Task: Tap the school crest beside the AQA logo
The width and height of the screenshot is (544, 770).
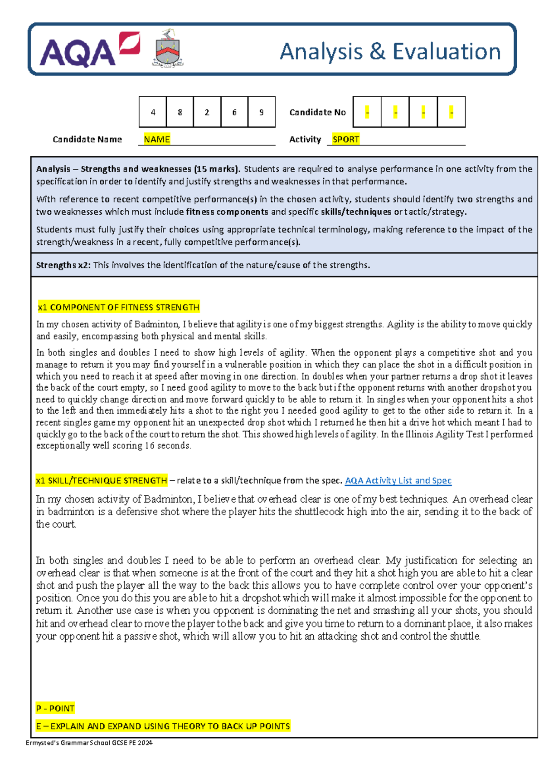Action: point(168,49)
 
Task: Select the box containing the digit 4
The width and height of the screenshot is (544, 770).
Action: point(153,112)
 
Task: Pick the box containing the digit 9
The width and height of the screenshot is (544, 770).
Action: point(262,112)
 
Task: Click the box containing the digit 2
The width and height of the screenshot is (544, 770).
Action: point(207,112)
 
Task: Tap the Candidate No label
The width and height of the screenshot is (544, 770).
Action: point(317,112)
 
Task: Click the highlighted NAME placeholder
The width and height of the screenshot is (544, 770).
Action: point(157,139)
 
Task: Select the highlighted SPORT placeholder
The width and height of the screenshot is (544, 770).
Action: point(345,139)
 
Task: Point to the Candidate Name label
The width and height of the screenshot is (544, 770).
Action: point(87,139)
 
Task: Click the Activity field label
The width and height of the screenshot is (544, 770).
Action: point(305,139)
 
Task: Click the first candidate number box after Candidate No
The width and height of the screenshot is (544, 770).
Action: point(367,112)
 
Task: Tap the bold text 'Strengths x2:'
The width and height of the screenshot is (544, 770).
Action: point(63,265)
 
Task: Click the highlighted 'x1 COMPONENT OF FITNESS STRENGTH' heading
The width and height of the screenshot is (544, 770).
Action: point(118,307)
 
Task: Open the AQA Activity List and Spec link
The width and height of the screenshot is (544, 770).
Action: point(398,480)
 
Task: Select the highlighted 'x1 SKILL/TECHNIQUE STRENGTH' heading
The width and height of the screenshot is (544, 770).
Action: point(102,480)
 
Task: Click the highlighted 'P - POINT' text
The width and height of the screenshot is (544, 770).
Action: point(55,708)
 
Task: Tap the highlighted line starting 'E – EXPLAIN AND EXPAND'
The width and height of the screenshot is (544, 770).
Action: point(163,726)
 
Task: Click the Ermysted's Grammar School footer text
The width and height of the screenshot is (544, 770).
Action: point(89,743)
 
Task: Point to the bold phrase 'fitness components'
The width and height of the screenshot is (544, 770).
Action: point(227,212)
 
